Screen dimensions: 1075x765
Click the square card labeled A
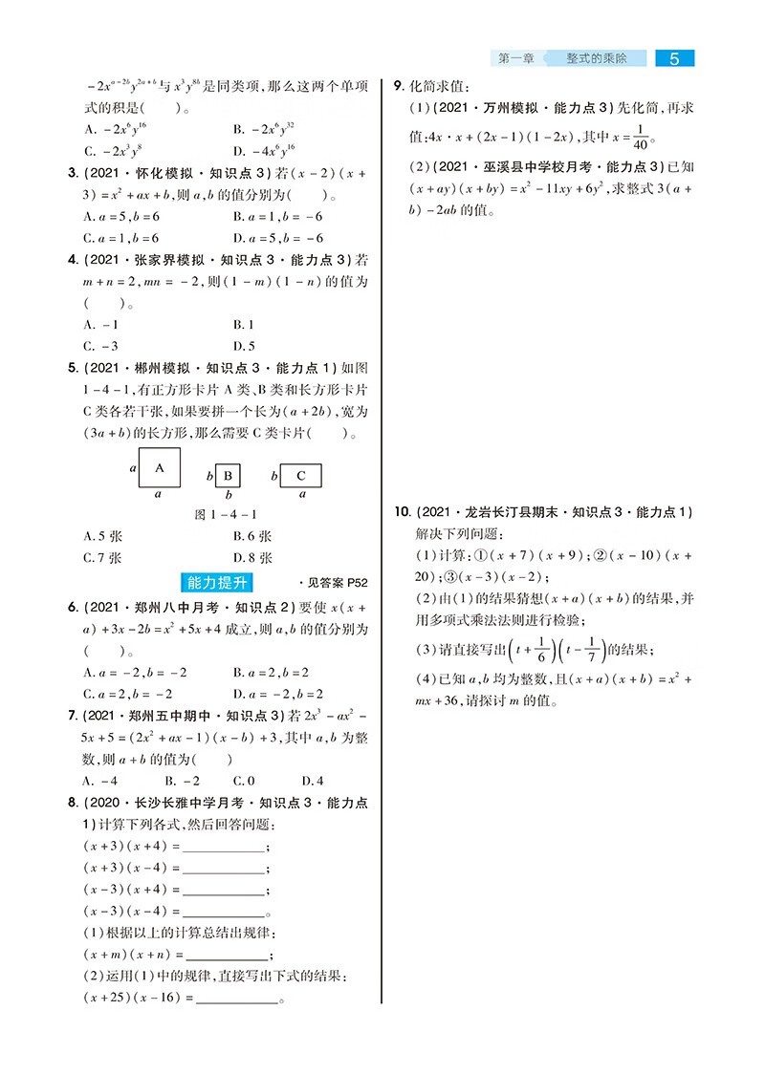tap(160, 468)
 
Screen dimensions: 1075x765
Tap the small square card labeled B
tap(229, 475)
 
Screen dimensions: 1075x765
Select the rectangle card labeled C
tap(301, 475)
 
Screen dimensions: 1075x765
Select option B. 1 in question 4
tap(243, 324)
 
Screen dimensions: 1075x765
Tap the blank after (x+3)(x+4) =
tap(223, 847)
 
